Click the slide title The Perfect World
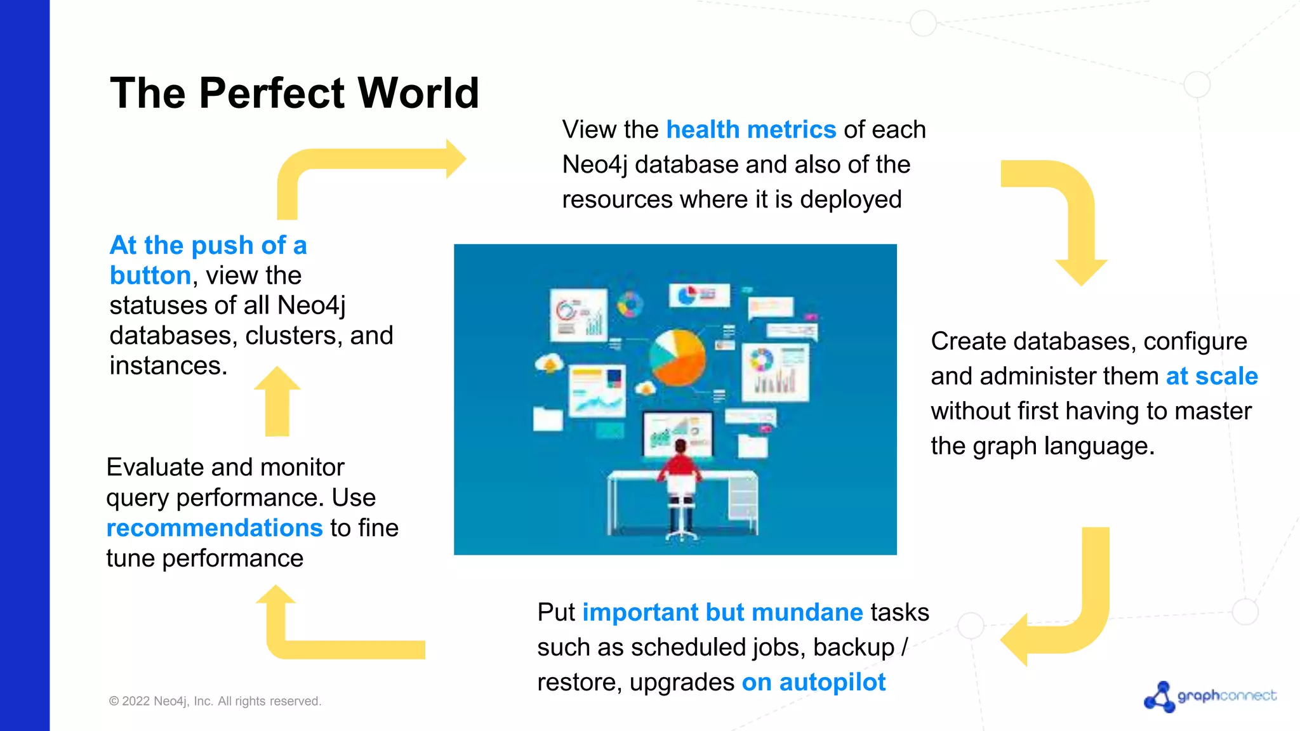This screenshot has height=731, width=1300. point(294,93)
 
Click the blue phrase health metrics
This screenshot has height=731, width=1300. point(750,130)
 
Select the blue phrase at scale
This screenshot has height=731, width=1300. point(1211,376)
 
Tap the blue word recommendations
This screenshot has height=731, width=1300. point(215,528)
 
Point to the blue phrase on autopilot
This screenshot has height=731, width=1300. point(813,682)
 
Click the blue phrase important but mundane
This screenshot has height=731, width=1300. point(722,612)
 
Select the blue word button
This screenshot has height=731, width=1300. point(150,276)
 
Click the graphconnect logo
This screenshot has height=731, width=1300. point(1209,696)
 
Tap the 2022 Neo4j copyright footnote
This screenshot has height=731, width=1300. point(215,701)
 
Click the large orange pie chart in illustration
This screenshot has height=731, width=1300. point(678,358)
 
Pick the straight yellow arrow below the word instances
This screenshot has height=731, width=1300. point(277,401)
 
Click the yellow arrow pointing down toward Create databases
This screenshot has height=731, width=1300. point(1073,216)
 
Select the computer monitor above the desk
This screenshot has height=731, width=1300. point(677,433)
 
